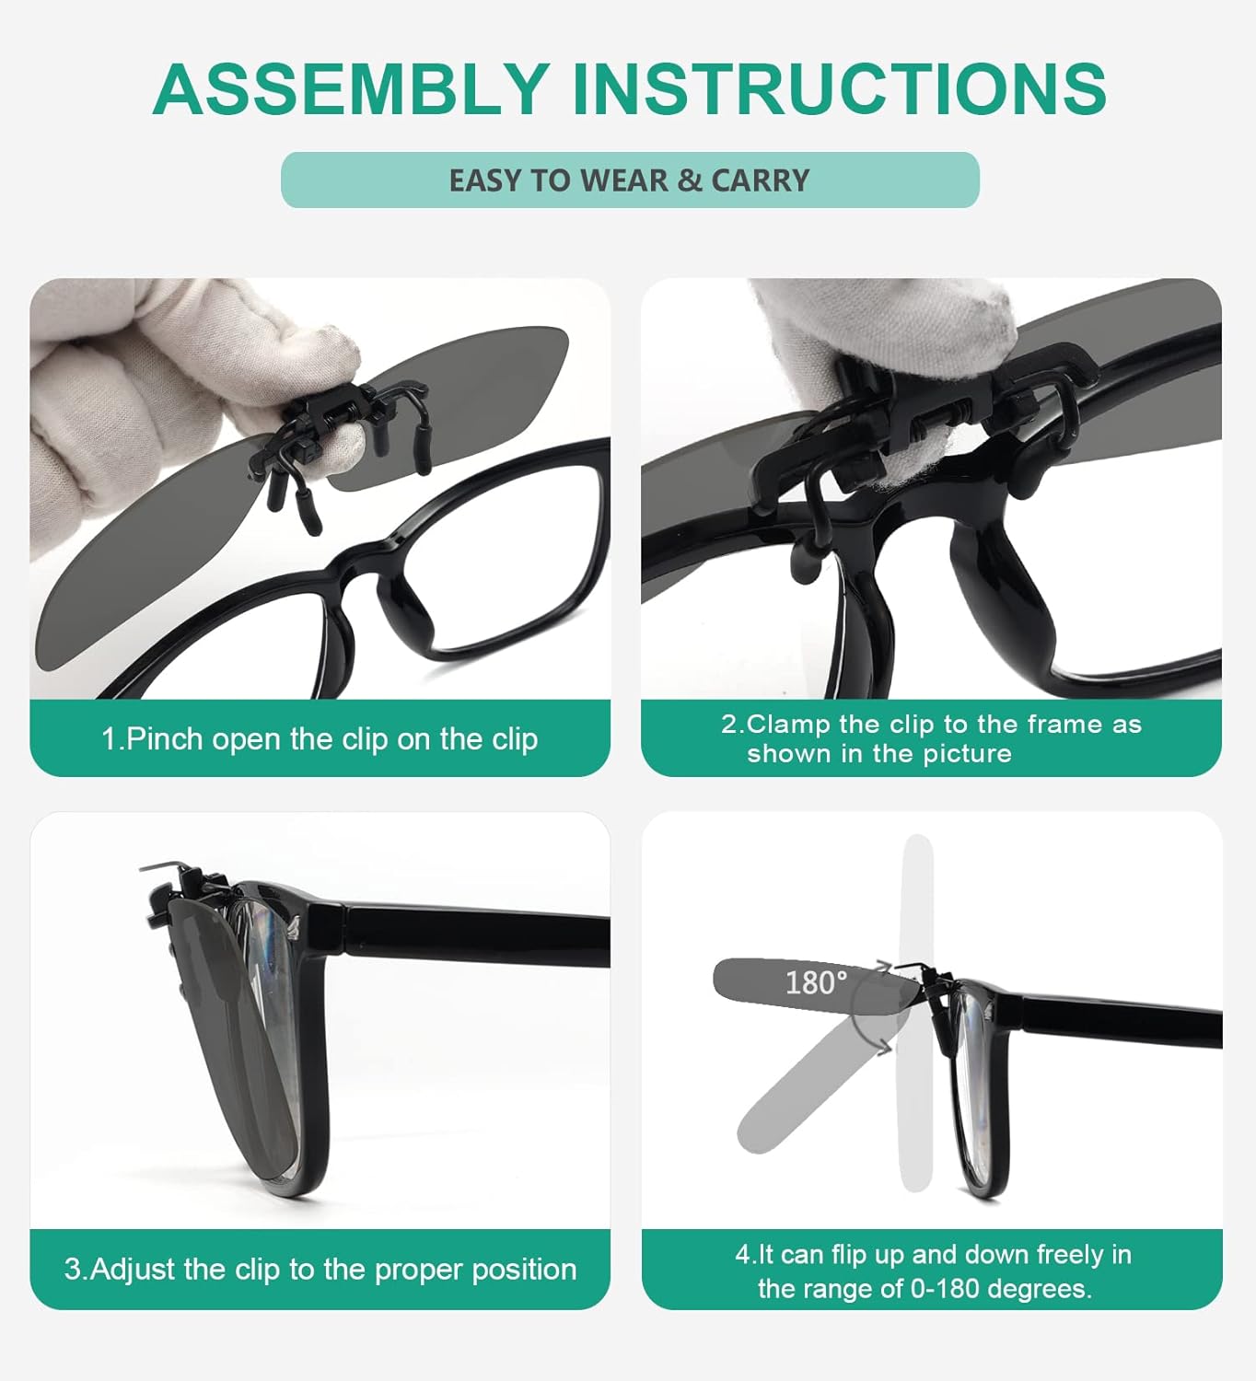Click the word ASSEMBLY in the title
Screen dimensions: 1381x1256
352,89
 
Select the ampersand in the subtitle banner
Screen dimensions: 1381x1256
689,180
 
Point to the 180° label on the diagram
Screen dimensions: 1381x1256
816,982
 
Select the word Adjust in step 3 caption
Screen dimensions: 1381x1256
134,1270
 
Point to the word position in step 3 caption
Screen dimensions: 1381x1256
524,1270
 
